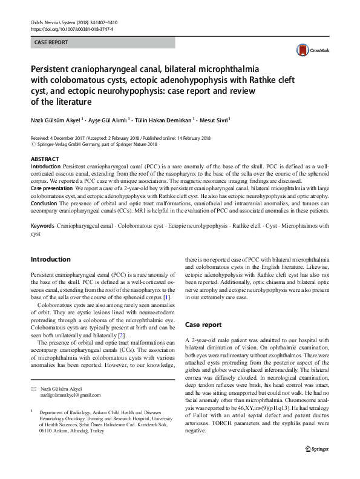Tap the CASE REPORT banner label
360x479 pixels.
tap(51, 43)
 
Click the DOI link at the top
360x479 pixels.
tap(71, 29)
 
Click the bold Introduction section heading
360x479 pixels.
tap(50, 259)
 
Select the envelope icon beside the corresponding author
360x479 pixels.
tap(34, 388)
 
